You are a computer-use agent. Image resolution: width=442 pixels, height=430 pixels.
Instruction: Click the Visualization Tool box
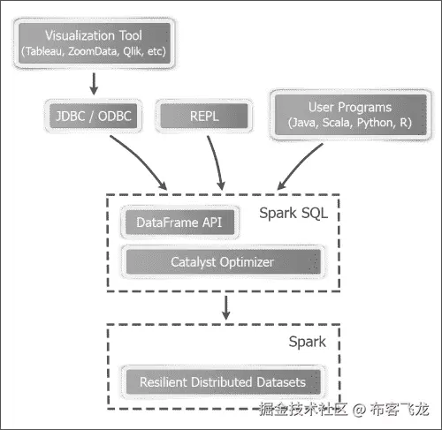[x=93, y=44]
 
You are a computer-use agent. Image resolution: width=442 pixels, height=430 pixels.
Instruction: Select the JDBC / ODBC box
[x=93, y=115]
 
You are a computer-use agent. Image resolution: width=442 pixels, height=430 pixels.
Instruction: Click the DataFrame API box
[x=180, y=223]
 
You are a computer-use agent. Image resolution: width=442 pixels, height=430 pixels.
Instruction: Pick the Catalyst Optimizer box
[x=222, y=262]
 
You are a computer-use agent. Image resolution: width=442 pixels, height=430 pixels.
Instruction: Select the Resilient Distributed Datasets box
[x=222, y=382]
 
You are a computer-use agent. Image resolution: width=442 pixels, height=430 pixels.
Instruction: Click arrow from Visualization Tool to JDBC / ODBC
[x=92, y=83]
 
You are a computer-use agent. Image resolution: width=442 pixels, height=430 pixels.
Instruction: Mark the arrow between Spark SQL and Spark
[x=226, y=306]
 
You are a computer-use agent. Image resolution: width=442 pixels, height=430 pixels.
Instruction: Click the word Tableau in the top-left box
[x=45, y=53]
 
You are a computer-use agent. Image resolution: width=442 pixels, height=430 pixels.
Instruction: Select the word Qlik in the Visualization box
[x=134, y=53]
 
